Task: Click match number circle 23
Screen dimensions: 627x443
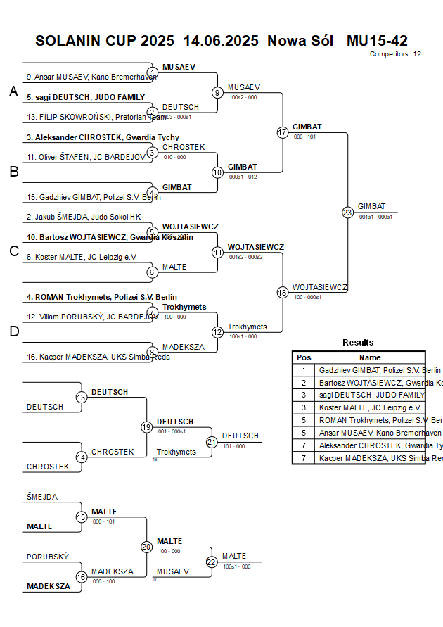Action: [x=347, y=213]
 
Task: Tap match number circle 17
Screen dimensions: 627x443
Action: [x=283, y=132]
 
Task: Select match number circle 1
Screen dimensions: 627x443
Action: [x=152, y=72]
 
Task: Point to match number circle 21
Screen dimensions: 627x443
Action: [x=212, y=442]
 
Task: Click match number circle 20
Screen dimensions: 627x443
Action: [x=146, y=547]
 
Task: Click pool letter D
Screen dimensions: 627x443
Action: [x=13, y=331]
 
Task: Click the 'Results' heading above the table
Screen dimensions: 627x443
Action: [x=358, y=342]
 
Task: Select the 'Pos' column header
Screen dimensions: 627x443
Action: [x=304, y=357]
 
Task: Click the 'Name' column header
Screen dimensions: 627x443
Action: [x=370, y=357]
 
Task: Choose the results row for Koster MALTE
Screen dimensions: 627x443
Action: [x=370, y=407]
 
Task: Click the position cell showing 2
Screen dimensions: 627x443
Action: [x=304, y=382]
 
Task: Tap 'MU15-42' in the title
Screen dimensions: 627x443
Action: [x=377, y=41]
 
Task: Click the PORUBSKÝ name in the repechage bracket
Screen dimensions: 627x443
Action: [x=48, y=557]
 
